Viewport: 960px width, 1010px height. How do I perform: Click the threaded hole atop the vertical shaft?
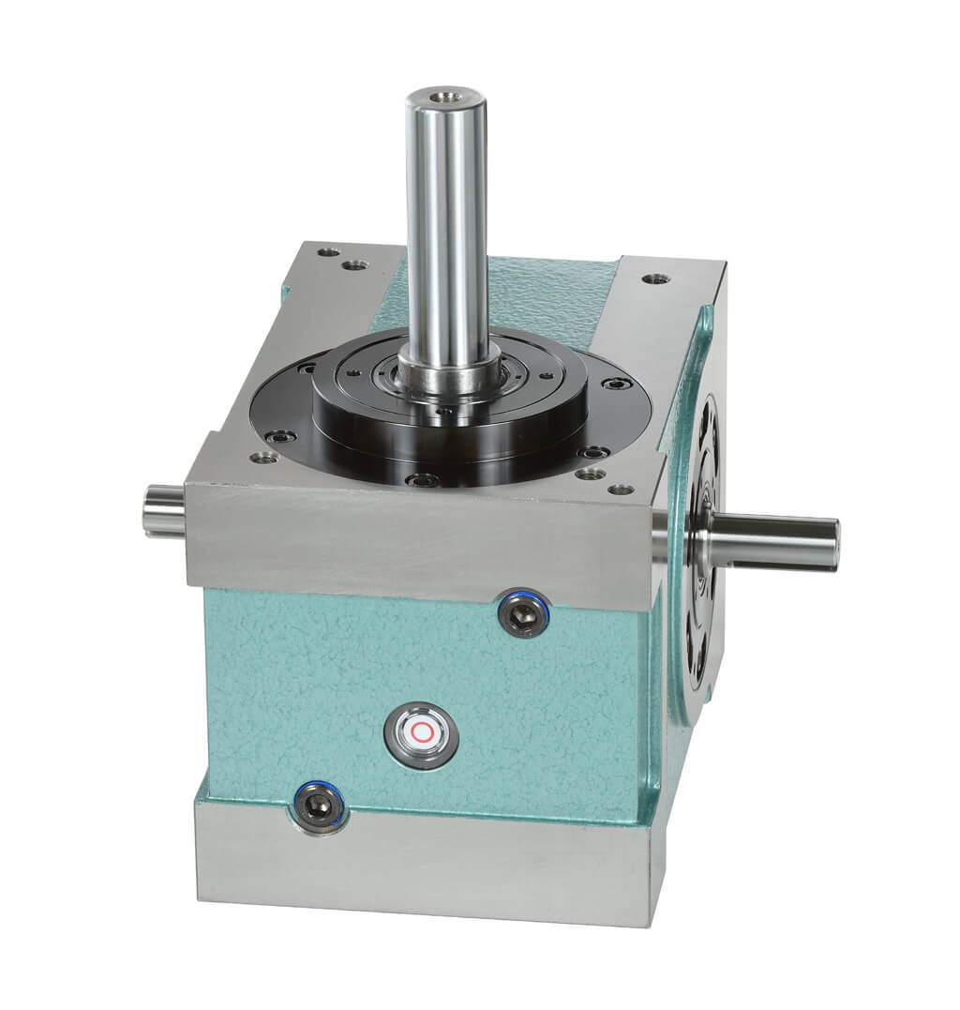(x=445, y=95)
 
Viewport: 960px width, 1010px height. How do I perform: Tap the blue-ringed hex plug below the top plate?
(x=522, y=614)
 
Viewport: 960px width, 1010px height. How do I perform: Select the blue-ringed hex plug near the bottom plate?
(x=319, y=805)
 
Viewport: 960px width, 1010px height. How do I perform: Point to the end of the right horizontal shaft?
(x=833, y=543)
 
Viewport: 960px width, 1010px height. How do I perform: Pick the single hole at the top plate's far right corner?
(x=654, y=279)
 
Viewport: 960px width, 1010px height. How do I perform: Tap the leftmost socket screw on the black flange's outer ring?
(x=279, y=436)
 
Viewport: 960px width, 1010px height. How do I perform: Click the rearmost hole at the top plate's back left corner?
(x=327, y=251)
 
